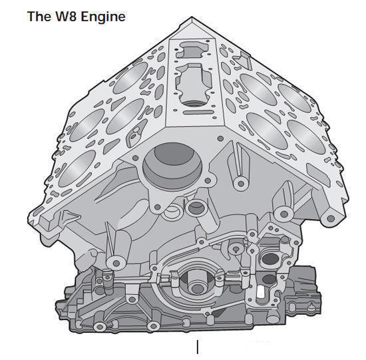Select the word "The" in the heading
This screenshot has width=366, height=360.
pos(39,17)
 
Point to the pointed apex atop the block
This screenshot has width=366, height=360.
pos(192,17)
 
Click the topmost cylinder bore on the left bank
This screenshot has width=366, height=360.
pos(130,78)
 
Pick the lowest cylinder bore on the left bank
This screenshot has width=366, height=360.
pos(77,168)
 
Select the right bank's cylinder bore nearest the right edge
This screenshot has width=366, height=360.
pos(306,137)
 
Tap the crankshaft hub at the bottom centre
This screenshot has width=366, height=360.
pos(196,285)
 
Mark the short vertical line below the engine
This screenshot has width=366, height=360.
pos(198,347)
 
